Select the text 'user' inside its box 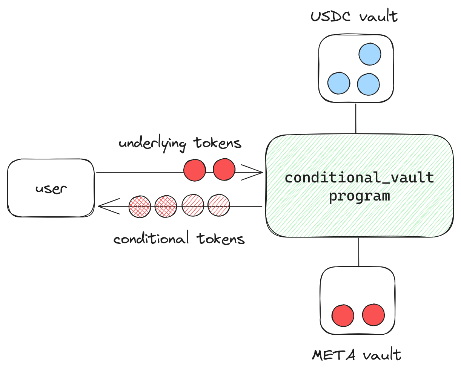[51, 188]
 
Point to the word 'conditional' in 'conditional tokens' [151, 239]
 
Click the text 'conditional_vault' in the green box [359, 178]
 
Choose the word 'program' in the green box [359, 196]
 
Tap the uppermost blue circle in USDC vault [370, 54]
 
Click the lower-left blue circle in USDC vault [339, 83]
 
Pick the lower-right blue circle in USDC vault [368, 84]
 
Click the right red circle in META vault [373, 314]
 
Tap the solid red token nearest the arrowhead [224, 170]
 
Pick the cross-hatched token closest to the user [140, 207]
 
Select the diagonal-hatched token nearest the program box [219, 205]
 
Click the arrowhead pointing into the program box [257, 173]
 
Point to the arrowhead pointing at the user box [104, 206]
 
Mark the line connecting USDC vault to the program [356, 118]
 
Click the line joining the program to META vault [358, 252]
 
